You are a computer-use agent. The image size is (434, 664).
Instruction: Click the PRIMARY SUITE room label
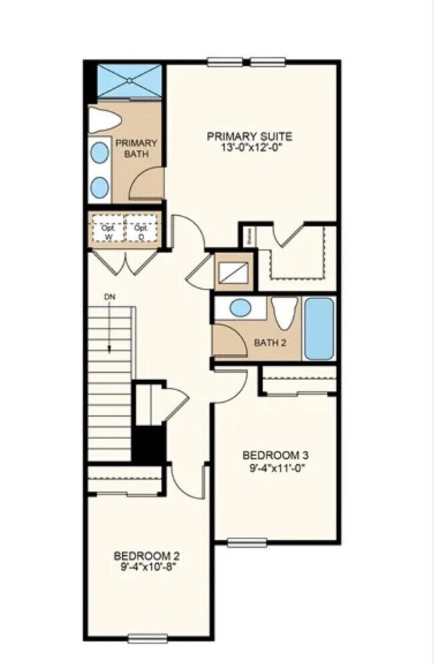(x=249, y=137)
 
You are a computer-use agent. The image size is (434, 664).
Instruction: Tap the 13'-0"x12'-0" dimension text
(x=249, y=148)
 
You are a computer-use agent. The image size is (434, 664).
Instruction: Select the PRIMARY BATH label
(x=137, y=148)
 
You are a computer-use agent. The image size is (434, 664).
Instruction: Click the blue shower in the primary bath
(x=130, y=81)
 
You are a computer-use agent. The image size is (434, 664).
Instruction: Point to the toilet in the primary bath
(x=105, y=120)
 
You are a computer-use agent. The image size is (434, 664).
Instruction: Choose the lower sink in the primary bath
(x=99, y=186)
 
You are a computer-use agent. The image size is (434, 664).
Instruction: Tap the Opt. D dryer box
(x=141, y=230)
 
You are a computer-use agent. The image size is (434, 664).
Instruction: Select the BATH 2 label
(x=270, y=343)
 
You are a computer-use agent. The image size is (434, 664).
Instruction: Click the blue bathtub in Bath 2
(x=320, y=329)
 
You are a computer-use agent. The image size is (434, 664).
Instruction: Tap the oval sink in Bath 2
(x=240, y=309)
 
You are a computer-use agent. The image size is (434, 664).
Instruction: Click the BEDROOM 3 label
(x=275, y=456)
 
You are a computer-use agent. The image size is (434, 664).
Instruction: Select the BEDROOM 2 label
(x=146, y=556)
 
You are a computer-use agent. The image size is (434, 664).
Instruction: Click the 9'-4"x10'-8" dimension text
(x=146, y=567)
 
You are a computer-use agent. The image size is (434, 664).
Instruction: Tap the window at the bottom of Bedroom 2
(x=147, y=638)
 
